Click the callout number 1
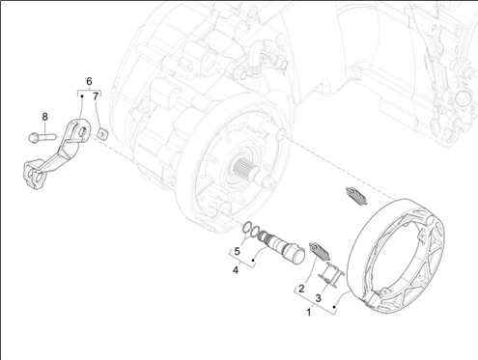[x=309, y=312]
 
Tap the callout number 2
[x=301, y=289]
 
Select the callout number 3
[x=318, y=298]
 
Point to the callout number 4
[x=236, y=270]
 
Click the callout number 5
[x=237, y=251]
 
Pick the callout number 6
[x=89, y=81]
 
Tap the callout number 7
[x=96, y=97]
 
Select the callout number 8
[x=44, y=117]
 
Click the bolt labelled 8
[x=42, y=137]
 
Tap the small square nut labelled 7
[x=101, y=133]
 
